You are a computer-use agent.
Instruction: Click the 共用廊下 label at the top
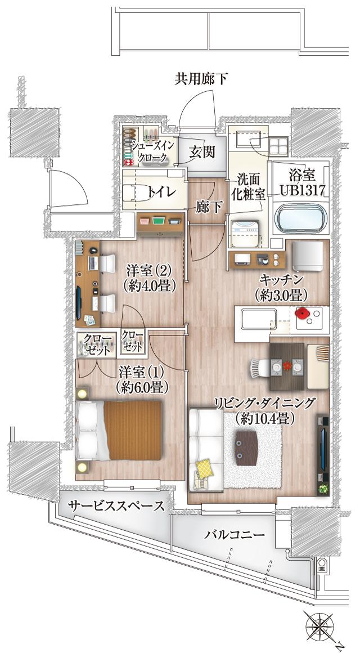tap(201, 79)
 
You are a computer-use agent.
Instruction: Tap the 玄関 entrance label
tap(201, 152)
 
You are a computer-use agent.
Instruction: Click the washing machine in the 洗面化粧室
tap(245, 233)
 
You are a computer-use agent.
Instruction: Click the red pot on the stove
tap(302, 313)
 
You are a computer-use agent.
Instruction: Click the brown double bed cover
tap(133, 430)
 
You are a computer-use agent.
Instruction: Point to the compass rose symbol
tap(321, 625)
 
